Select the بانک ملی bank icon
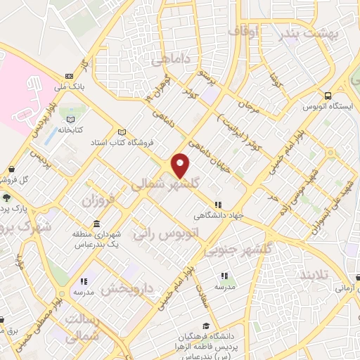point(68,77)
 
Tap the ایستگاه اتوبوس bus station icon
point(327,96)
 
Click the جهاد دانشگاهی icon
point(217,205)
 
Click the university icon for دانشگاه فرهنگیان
point(205,326)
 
